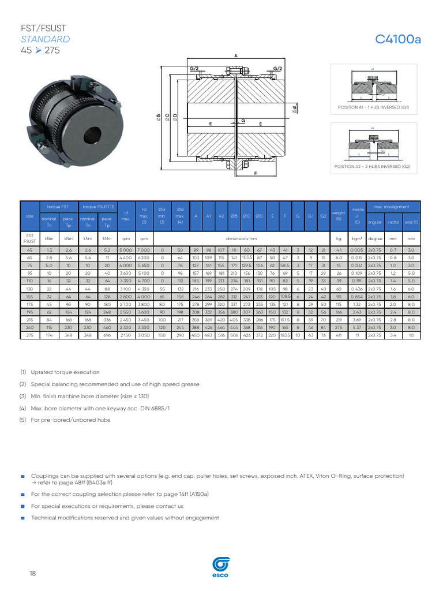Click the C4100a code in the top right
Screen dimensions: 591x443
tap(398, 39)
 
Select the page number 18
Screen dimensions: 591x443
tap(32, 573)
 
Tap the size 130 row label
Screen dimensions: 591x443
tap(29, 289)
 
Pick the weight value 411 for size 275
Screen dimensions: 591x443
tap(339, 335)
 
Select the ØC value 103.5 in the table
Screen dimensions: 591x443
tap(247, 257)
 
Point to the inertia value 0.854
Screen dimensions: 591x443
tap(357, 296)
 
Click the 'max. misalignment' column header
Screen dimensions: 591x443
tap(392, 207)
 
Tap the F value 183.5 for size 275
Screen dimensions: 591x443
tap(285, 335)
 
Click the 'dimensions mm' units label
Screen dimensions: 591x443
tap(242, 238)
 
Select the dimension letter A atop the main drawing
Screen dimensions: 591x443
tap(236, 55)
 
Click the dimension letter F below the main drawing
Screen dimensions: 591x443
tap(254, 173)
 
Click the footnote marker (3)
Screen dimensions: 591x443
tap(23, 396)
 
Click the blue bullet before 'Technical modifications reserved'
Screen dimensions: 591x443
tap(22, 518)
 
